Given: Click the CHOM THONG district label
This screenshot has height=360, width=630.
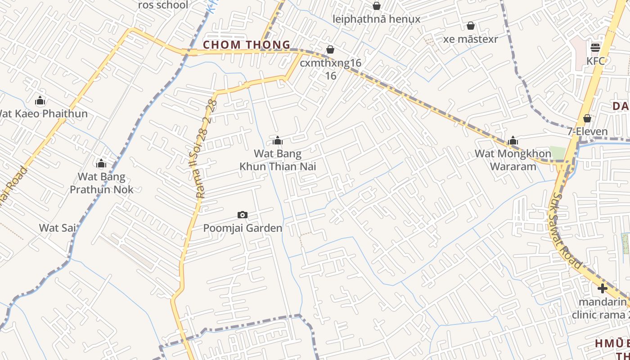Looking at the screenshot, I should pyautogui.click(x=247, y=45).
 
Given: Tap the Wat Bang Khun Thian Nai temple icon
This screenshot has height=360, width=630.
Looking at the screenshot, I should pyautogui.click(x=278, y=141).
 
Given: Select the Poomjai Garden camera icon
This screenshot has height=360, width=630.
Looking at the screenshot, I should pyautogui.click(x=243, y=215).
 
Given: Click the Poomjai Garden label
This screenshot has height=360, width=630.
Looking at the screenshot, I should pyautogui.click(x=243, y=228).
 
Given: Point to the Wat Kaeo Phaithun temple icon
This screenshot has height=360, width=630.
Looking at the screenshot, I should pyautogui.click(x=40, y=100).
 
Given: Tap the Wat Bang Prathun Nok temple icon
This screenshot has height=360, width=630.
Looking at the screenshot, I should pyautogui.click(x=101, y=163).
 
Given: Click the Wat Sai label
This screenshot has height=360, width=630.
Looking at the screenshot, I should pyautogui.click(x=58, y=228).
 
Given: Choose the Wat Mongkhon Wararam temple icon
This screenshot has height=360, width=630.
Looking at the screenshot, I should pyautogui.click(x=513, y=141).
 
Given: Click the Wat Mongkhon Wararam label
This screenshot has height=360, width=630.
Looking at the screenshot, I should pyautogui.click(x=513, y=160).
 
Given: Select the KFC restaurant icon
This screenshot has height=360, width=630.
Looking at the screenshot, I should pyautogui.click(x=595, y=47).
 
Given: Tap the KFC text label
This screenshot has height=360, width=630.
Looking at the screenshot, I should pyautogui.click(x=595, y=61).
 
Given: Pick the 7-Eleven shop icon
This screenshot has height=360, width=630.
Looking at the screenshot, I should pyautogui.click(x=587, y=118).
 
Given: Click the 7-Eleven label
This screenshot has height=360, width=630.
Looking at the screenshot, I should pyautogui.click(x=587, y=132).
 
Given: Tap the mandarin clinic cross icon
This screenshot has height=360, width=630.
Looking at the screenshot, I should pyautogui.click(x=603, y=288).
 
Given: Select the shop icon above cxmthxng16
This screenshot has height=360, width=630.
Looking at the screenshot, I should pyautogui.click(x=330, y=49).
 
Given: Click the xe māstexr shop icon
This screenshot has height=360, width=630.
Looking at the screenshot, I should pyautogui.click(x=470, y=26).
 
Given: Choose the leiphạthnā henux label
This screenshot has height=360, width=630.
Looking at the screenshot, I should pyautogui.click(x=376, y=19).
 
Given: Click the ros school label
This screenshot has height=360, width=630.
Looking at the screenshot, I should pyautogui.click(x=163, y=5).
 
